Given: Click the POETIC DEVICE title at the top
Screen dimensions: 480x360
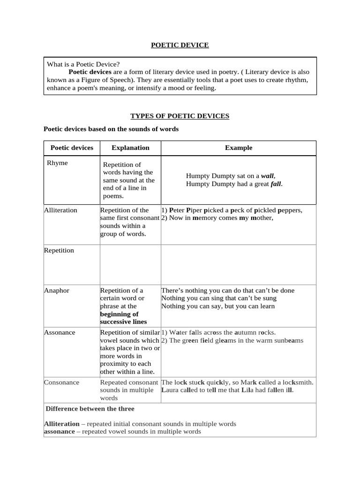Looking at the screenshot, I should [180, 45].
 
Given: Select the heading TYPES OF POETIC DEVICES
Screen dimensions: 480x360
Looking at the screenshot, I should [180, 116].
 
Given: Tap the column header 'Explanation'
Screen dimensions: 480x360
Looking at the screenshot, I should [130, 148].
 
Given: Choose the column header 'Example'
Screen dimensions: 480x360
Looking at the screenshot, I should [238, 148].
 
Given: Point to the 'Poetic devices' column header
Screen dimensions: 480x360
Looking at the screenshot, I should [72, 148].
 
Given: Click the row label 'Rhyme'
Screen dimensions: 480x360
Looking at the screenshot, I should [57, 163].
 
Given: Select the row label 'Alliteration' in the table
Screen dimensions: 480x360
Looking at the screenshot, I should [60, 210].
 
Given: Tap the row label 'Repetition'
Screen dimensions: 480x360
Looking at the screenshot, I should [59, 250].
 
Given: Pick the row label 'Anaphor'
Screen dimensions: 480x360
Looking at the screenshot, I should [56, 290].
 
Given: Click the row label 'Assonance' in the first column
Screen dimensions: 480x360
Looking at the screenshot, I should [60, 332].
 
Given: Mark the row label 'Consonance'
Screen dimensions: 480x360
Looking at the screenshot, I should [61, 382].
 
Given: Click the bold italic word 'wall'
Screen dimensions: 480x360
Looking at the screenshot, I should [267, 176].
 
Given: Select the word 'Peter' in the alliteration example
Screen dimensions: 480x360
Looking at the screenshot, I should [177, 210].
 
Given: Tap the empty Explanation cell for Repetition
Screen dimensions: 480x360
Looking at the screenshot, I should [130, 264].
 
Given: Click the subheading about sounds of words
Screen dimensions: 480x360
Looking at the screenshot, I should [111, 129].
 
